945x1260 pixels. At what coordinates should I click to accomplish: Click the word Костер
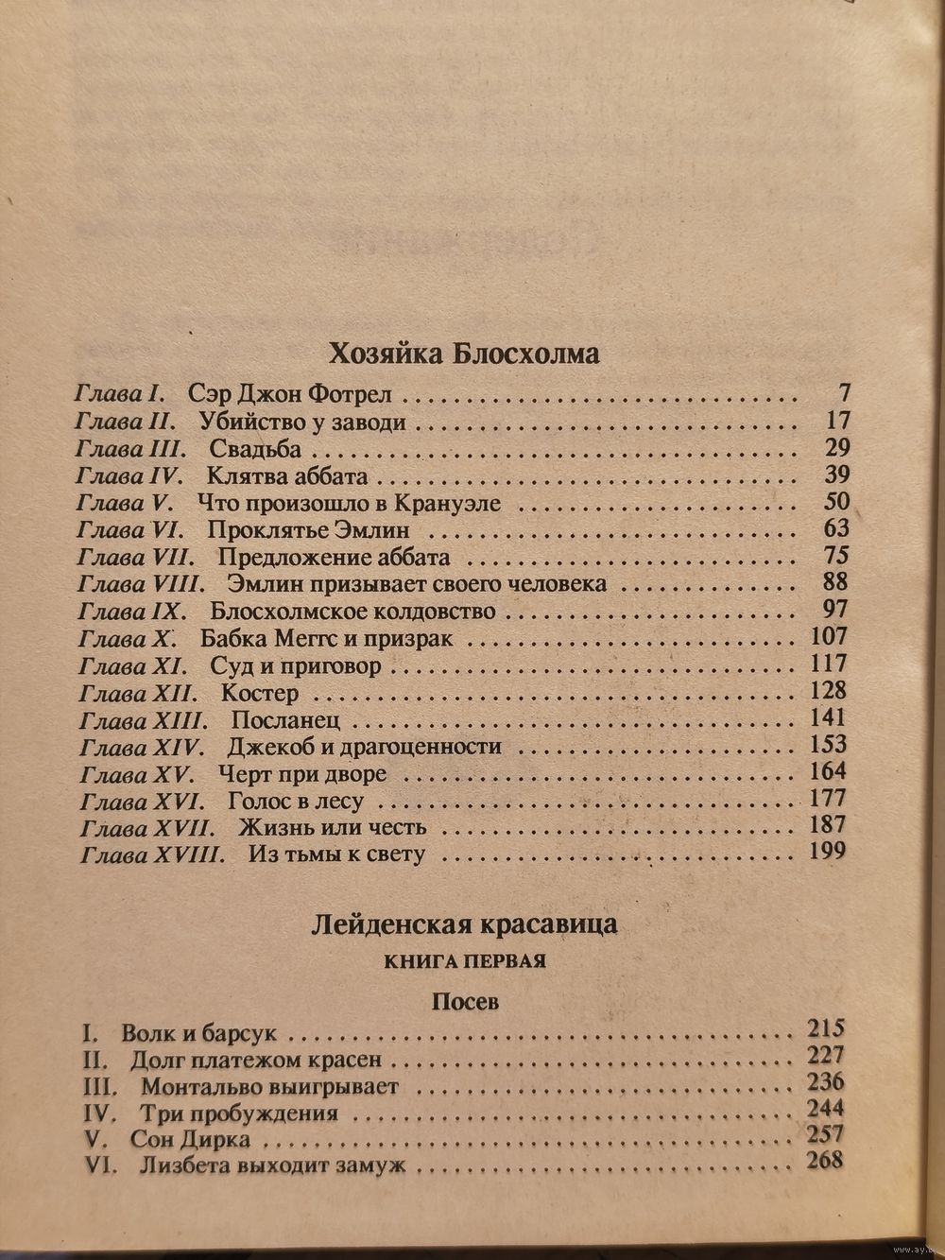[x=260, y=694]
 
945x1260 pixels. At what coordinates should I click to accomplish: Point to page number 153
[x=829, y=745]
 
